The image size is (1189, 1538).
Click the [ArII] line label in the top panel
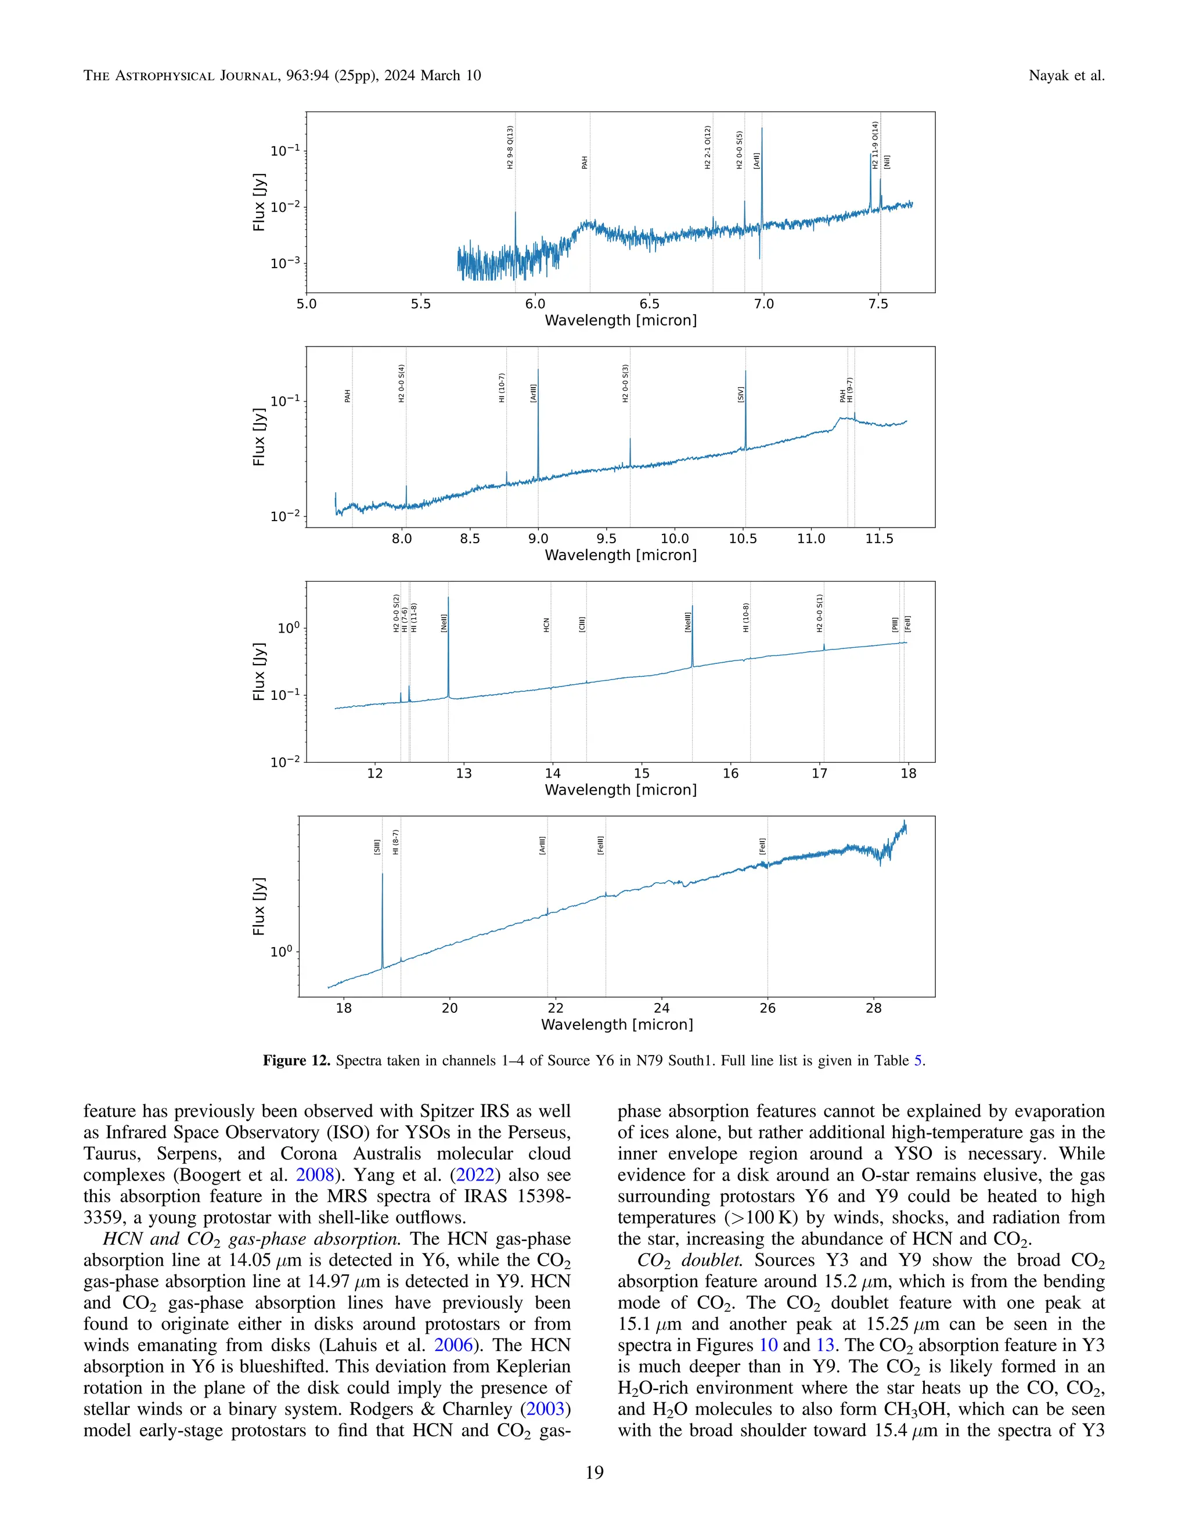pos(756,161)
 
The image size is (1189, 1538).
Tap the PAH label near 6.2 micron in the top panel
pos(585,163)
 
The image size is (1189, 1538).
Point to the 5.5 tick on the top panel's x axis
pos(420,304)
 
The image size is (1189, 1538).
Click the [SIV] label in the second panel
pos(740,394)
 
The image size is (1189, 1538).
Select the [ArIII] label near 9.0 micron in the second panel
pos(533,393)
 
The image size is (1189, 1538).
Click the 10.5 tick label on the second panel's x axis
pos(743,538)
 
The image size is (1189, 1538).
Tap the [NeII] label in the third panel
pos(444,623)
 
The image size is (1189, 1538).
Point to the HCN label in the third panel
pos(546,624)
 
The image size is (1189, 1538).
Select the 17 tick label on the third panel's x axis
pos(819,773)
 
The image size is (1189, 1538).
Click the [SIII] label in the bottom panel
pos(377,846)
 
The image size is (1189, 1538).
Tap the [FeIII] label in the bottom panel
pos(601,845)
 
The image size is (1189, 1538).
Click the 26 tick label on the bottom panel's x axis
pos(767,1008)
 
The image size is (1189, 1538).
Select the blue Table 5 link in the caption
pos(918,1060)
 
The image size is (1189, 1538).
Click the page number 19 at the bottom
pos(594,1472)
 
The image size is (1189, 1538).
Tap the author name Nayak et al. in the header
pos(1066,75)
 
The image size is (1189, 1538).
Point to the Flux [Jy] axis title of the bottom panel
pos(259,907)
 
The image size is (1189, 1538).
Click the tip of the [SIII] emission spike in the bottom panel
pos(383,874)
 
